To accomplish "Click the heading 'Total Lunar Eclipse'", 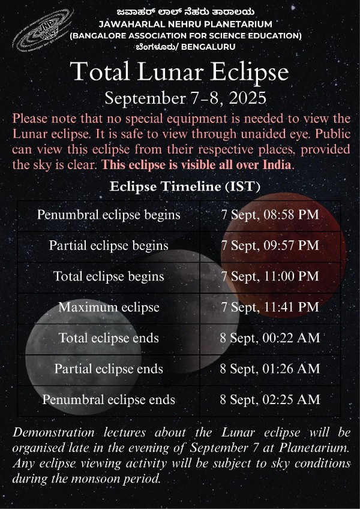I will [179, 71].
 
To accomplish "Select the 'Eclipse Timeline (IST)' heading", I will [185, 186].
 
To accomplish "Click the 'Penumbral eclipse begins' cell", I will [109, 215].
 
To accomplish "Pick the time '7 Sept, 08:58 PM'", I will [269, 215].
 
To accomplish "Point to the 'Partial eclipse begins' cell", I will [109, 246].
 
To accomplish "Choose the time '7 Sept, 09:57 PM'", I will [269, 246].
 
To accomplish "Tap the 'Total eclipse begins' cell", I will [109, 276].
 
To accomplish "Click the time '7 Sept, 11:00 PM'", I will [269, 276].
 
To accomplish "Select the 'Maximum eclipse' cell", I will [109, 308].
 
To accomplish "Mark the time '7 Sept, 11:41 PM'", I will [269, 308].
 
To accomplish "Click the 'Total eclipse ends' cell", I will [109, 338].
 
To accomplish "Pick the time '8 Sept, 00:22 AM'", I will [269, 338].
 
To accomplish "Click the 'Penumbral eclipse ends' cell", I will [109, 400].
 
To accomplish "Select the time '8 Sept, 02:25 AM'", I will [269, 400].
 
